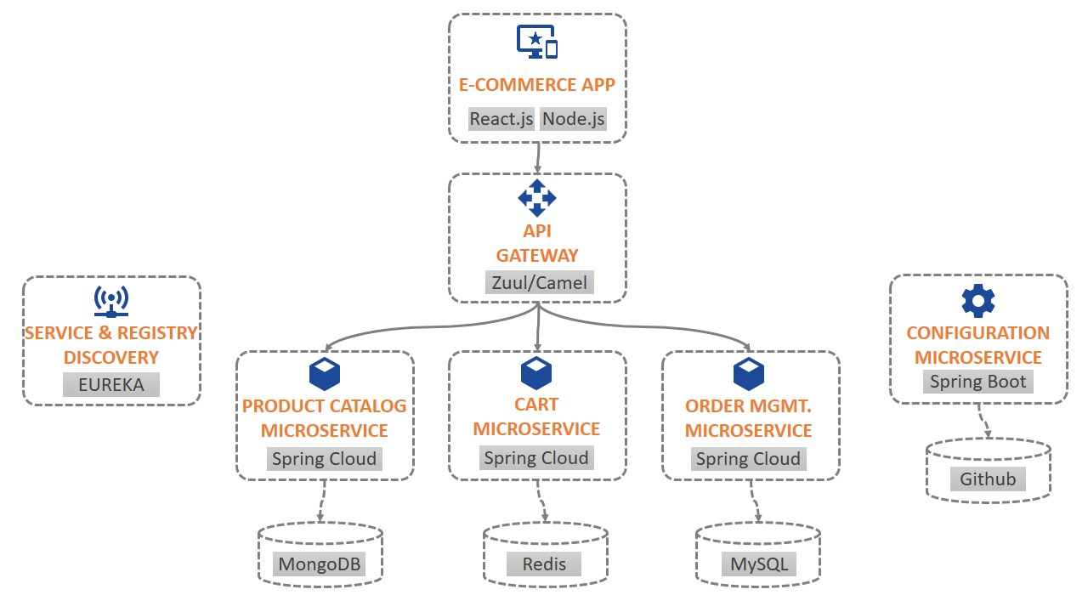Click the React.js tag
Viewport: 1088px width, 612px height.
(x=501, y=119)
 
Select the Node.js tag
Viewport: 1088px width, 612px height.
(x=574, y=119)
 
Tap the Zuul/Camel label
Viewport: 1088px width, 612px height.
(x=539, y=283)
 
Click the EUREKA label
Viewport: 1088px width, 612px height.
(x=111, y=384)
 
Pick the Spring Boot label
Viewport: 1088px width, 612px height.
(x=977, y=382)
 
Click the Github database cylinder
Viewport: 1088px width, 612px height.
(x=988, y=469)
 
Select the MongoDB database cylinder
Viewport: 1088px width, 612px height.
(x=320, y=556)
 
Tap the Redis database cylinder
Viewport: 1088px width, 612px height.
(x=545, y=556)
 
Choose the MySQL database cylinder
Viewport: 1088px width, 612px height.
(x=758, y=556)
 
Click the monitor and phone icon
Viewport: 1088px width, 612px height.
(x=537, y=42)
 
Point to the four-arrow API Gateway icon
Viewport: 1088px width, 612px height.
(x=537, y=198)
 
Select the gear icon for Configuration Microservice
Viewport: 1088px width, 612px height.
(x=977, y=302)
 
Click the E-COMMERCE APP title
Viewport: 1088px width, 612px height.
(x=537, y=85)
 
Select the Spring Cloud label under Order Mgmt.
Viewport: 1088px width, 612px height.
(x=748, y=459)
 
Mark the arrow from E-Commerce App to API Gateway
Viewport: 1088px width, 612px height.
(x=538, y=157)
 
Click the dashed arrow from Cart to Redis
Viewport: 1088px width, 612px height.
(x=541, y=501)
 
